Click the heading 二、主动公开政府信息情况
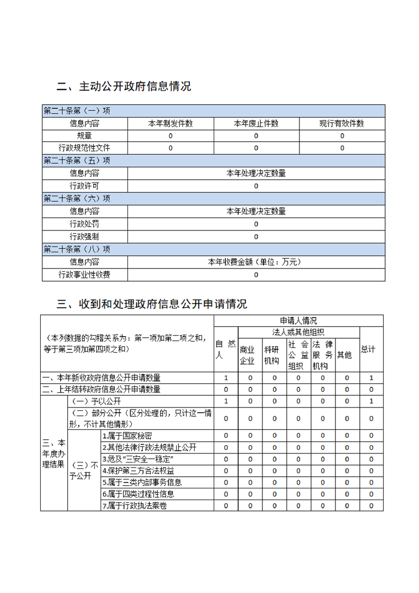[x=124, y=87]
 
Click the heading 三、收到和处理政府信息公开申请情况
[x=152, y=304]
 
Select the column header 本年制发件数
[x=170, y=124]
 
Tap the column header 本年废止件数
[x=256, y=124]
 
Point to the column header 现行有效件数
[x=342, y=124]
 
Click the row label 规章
[x=85, y=136]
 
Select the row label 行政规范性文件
[x=85, y=148]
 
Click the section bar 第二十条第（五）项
[x=77, y=161]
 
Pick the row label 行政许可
[x=85, y=186]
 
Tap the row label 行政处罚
[x=85, y=224]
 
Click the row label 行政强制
[x=85, y=237]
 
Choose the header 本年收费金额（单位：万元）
[x=256, y=262]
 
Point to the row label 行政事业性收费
[x=85, y=275]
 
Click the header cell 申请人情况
[x=298, y=321]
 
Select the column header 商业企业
[x=248, y=355]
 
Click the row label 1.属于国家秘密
[x=127, y=436]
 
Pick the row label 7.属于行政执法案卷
[x=135, y=506]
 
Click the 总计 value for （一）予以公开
[x=371, y=401]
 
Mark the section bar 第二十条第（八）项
[x=77, y=249]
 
